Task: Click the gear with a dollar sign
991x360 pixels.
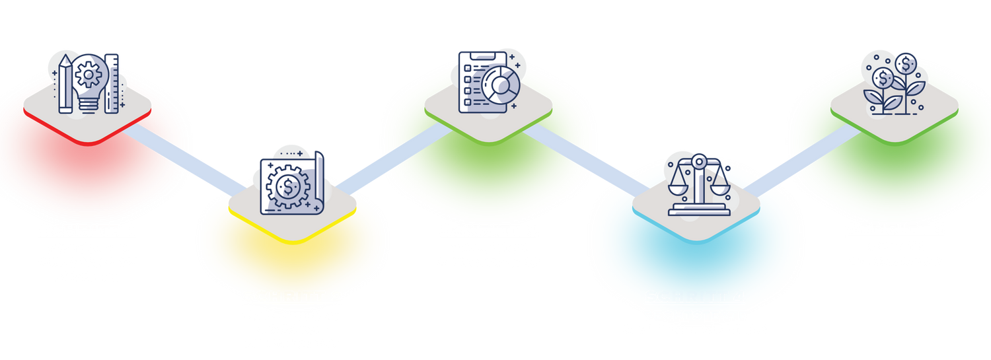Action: (x=288, y=186)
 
